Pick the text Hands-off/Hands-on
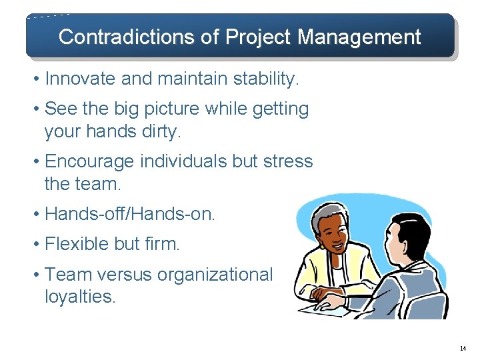pos(130,214)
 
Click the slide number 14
pos(463,348)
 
